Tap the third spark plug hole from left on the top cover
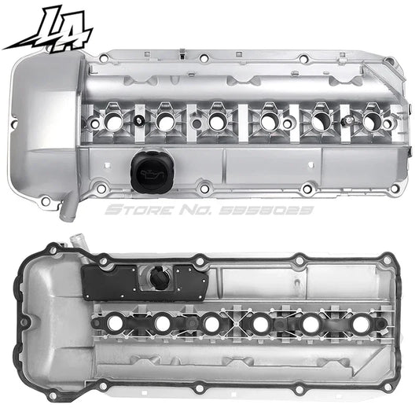click(x=216, y=122)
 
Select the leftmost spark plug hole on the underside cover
click(x=113, y=322)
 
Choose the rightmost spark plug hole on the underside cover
click(x=362, y=323)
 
